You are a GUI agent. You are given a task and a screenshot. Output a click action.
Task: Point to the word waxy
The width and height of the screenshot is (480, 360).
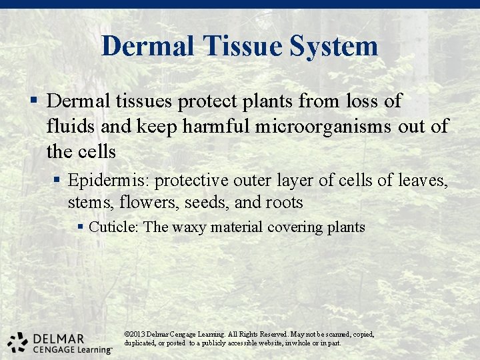(x=189, y=227)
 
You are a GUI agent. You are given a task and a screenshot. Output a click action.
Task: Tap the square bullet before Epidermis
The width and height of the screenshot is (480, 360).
(x=59, y=181)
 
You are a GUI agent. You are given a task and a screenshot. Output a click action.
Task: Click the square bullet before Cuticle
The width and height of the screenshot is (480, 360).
(x=80, y=227)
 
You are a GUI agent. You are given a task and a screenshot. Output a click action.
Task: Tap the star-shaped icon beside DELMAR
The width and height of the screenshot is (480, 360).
(x=17, y=341)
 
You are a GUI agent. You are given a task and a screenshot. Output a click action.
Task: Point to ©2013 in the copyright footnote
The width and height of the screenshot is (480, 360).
(x=135, y=334)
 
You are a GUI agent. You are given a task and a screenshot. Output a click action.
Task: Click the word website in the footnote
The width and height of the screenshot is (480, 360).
(x=269, y=343)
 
